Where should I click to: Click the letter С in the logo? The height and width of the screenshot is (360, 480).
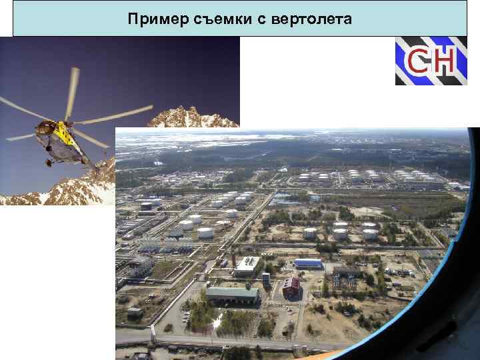[418, 61]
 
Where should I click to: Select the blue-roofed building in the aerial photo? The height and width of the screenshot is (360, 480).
[307, 263]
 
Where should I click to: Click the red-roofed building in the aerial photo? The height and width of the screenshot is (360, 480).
[291, 286]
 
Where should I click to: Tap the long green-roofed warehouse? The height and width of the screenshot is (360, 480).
[231, 293]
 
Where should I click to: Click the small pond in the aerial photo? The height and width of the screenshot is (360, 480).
[283, 198]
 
